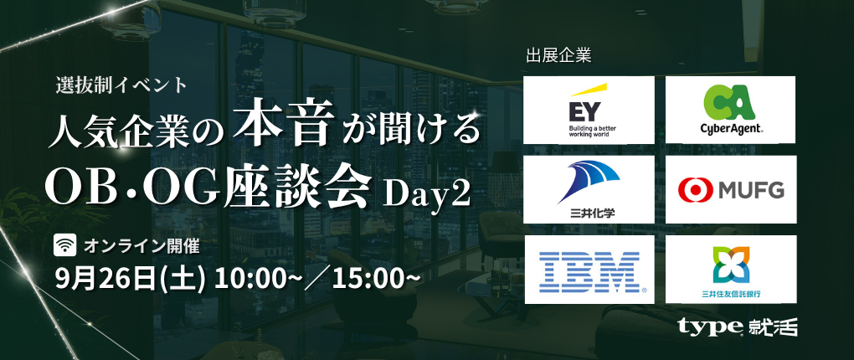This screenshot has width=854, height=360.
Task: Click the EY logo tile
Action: pos(589,110)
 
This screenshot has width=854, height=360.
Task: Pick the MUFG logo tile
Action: pos(730,189)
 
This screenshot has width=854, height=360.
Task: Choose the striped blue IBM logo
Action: pos(589,270)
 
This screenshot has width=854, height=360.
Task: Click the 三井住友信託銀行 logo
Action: pos(730,270)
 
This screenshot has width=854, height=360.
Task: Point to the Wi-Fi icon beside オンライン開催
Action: pos(65,246)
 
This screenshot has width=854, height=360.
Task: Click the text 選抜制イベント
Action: pos(121,85)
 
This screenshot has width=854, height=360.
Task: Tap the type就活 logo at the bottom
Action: pos(738,327)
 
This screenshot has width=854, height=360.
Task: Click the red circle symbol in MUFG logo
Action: pos(696,190)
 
